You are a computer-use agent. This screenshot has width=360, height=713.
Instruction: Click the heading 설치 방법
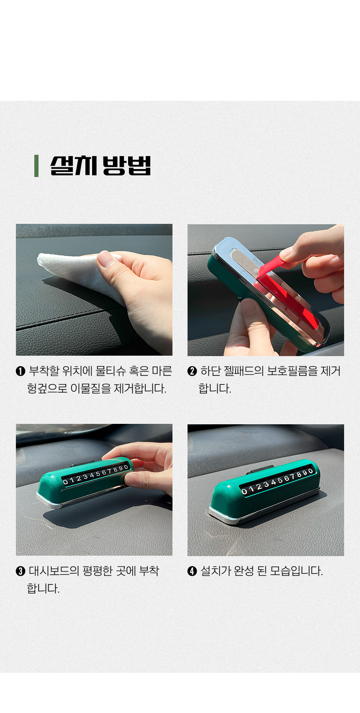pos(100,166)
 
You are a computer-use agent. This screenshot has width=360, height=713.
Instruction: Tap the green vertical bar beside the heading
pos(36,166)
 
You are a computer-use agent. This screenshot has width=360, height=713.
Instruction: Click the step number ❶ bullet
pos(21,371)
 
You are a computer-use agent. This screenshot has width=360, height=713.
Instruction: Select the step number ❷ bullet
pos(192,371)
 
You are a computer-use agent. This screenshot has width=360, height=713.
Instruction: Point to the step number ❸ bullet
pos(21,571)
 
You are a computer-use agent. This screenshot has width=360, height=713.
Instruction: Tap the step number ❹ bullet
pos(192,571)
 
